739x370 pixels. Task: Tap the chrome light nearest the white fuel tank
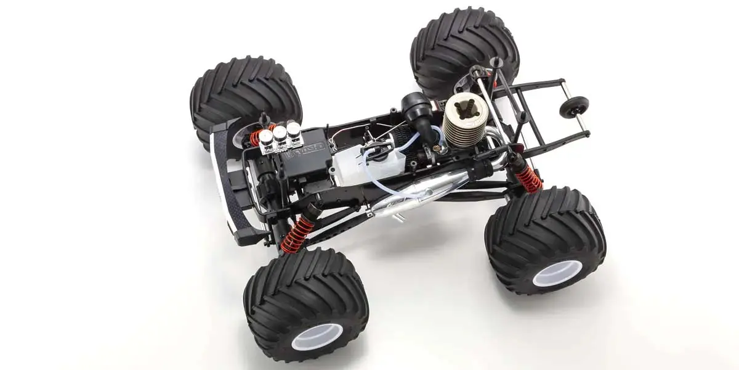(294, 129)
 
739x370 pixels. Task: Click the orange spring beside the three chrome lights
(257, 136)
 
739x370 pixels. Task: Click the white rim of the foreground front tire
(317, 337)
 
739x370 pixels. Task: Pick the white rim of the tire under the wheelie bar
(557, 273)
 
